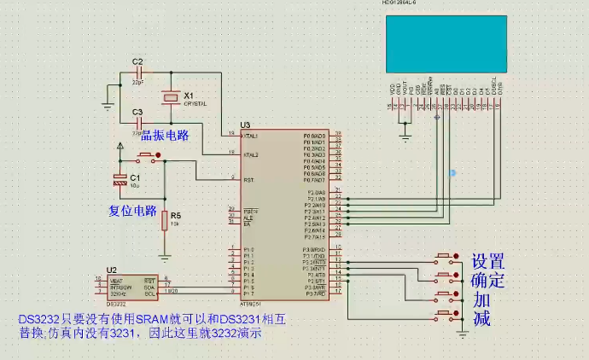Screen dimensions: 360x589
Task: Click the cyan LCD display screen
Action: [x=446, y=44]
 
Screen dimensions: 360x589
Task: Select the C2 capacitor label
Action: [x=137, y=61]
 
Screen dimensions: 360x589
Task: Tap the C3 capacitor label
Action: [x=137, y=112]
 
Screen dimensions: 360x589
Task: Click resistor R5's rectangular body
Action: [x=165, y=221]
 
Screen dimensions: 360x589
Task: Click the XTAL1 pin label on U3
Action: [x=251, y=136]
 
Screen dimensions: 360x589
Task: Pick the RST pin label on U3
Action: [x=248, y=180]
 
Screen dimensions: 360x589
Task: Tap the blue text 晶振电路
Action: [x=164, y=135]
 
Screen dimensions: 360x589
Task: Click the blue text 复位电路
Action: [x=132, y=210]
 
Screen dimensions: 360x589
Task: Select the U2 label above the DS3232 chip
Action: [x=111, y=270]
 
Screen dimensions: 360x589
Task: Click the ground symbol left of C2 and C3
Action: [x=107, y=105]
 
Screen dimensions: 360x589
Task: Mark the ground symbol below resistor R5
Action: [x=165, y=254]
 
